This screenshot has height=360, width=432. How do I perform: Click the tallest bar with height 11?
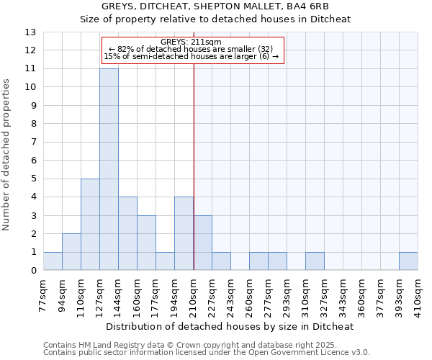coord(109,169)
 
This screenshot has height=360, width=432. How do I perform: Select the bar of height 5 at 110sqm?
coord(90,225)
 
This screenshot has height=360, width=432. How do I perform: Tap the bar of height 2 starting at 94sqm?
coord(71,252)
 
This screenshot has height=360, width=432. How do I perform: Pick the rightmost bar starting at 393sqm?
coord(408,261)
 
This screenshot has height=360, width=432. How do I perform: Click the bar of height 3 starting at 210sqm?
coord(202,243)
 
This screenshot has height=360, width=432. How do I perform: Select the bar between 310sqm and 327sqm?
coord(315,261)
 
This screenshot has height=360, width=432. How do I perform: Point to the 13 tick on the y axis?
coord(30,32)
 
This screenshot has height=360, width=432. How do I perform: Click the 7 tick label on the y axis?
coord(30,142)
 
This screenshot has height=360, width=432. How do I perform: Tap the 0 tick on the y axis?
coord(30,271)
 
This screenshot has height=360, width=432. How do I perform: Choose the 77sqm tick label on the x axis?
coord(44,294)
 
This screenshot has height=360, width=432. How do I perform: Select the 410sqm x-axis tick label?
coord(418,294)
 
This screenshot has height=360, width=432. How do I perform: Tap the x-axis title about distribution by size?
coord(230,327)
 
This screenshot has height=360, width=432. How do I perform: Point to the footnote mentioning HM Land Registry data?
coord(206,346)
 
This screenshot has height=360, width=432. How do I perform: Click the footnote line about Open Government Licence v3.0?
coord(206,353)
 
